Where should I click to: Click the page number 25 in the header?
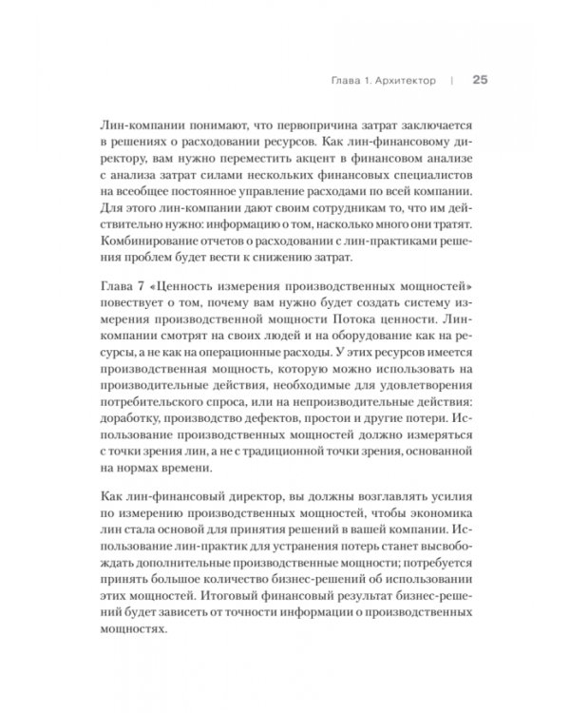click(480, 81)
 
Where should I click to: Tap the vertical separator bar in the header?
click(452, 81)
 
